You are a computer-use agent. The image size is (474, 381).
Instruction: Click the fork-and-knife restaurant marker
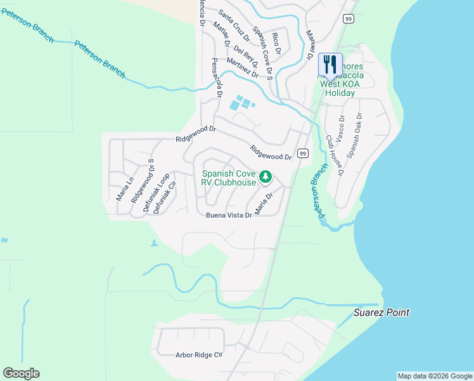[330, 64]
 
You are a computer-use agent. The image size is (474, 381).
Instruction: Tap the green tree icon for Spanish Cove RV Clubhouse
[266, 177]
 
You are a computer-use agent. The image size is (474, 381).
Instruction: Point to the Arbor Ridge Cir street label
[200, 355]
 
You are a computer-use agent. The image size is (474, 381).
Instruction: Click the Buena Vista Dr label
[229, 215]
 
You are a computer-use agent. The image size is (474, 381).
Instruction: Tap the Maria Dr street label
[264, 203]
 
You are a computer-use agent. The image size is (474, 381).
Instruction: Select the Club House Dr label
[334, 154]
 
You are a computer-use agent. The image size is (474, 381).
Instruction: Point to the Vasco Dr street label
[342, 128]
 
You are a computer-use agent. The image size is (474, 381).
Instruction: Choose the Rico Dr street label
[276, 43]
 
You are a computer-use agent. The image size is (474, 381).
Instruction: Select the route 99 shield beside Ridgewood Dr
[302, 154]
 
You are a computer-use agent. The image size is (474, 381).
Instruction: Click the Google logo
[21, 373]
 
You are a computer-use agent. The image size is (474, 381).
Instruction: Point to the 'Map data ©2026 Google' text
[434, 376]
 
